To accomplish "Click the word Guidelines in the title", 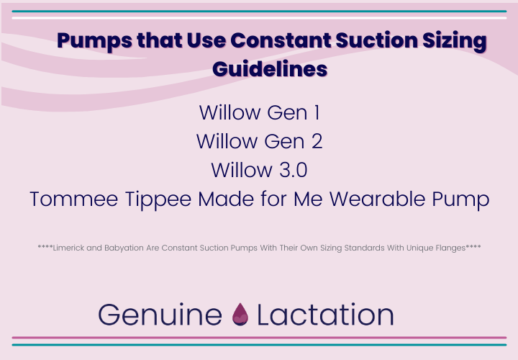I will (x=271, y=69).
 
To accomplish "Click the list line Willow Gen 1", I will (x=259, y=113).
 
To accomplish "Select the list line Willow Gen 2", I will (x=259, y=141).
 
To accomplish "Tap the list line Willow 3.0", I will (x=259, y=170).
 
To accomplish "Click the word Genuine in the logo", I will (x=160, y=315).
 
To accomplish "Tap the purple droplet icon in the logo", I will (x=239, y=315).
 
